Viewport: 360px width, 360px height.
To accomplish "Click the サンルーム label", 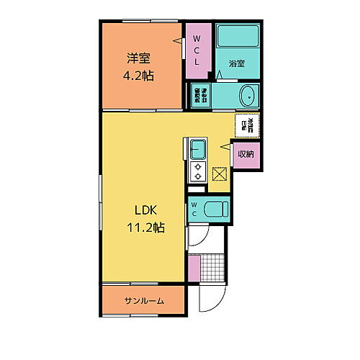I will (143, 301).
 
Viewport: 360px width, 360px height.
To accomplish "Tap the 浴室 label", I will (237, 63).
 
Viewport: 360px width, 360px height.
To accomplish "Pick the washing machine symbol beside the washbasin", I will (201, 95).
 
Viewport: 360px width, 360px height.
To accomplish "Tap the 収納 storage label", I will (246, 153).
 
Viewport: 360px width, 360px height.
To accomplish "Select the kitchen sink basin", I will (198, 149).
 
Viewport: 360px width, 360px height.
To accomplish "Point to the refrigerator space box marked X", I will (220, 174).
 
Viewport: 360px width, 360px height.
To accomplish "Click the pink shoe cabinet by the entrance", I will (194, 268).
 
